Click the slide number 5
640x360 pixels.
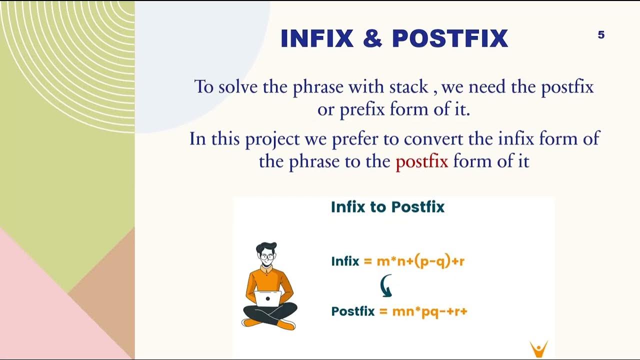[x=601, y=35]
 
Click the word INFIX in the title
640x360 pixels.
[x=317, y=39]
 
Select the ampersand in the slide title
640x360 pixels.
[x=373, y=39]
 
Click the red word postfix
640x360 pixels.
[x=421, y=161]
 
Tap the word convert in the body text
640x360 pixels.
[x=433, y=138]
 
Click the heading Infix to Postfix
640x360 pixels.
[x=387, y=207]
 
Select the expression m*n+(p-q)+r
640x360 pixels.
[x=420, y=261]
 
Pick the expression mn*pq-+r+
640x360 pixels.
[x=428, y=311]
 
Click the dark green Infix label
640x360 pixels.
[x=345, y=261]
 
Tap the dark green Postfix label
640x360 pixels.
[x=352, y=311]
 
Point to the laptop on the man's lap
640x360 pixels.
[x=268, y=298]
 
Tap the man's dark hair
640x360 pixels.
[x=266, y=247]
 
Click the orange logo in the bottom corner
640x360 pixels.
[x=538, y=348]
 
